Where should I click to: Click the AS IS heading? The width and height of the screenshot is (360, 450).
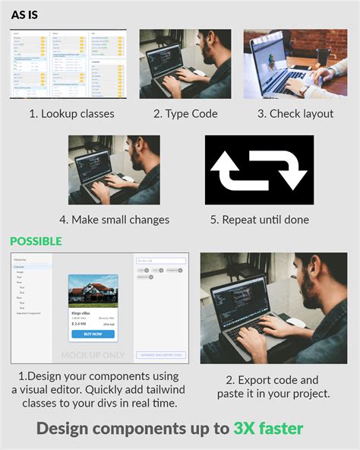[x=24, y=15]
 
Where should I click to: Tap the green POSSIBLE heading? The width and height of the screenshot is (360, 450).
[x=36, y=241]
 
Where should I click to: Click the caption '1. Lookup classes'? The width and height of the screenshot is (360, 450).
[x=71, y=114]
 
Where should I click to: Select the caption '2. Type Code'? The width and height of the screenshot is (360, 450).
[x=185, y=114]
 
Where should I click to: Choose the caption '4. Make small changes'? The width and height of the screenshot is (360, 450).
[x=114, y=220]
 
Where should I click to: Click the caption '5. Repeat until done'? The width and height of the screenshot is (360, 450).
[x=260, y=220]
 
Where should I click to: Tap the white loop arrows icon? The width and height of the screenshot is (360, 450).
[x=258, y=170]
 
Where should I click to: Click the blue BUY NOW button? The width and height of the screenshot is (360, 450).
[x=93, y=334]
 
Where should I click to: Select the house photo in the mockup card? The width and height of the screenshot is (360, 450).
[x=93, y=291]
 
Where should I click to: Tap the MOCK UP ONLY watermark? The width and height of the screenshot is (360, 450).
[x=92, y=355]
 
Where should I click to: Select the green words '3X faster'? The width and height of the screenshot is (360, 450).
[x=268, y=428]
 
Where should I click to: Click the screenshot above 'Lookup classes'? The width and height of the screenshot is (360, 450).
[x=68, y=64]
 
